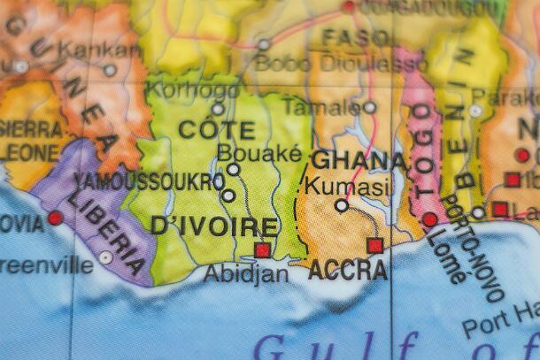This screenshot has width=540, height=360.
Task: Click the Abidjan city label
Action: (246, 273)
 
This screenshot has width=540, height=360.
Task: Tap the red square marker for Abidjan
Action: (262, 250)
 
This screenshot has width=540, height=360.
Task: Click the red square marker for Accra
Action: (375, 245)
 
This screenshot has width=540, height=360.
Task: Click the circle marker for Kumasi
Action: (342, 205)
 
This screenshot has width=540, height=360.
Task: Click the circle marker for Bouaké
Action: (233, 169)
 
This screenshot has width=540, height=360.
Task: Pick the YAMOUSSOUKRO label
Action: (149, 181)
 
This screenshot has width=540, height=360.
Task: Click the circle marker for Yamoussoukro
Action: (228, 195)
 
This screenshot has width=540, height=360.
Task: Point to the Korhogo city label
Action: (181, 89)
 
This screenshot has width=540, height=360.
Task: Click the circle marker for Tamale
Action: (370, 108)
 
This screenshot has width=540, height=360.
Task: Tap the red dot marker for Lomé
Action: (430, 219)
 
